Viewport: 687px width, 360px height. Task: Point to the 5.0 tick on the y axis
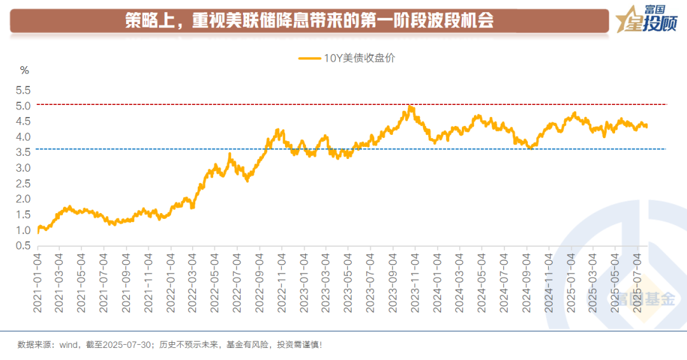23,106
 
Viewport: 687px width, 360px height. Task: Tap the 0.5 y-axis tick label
23,246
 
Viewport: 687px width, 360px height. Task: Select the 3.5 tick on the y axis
23,152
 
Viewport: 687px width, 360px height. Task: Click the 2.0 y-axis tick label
23,199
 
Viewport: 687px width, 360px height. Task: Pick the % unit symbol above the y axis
25,70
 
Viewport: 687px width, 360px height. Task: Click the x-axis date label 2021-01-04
38,280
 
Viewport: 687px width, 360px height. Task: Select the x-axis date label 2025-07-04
637,280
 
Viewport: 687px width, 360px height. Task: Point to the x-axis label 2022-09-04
260,280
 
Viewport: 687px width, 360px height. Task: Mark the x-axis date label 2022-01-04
170,280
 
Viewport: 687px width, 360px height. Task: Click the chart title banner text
309,22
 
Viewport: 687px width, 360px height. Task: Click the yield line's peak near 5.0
410,107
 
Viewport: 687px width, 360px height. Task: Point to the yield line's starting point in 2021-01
38,232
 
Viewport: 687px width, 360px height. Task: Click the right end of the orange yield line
647,126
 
